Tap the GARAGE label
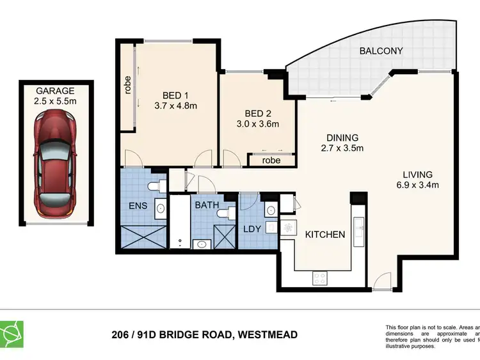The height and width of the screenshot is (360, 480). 54,91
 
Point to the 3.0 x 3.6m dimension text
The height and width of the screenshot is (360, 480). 257,124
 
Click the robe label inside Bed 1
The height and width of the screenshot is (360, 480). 127,84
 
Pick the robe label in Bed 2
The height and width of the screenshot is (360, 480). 271,160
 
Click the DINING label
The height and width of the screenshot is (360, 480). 341,137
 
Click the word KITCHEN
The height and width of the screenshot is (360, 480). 324,235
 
